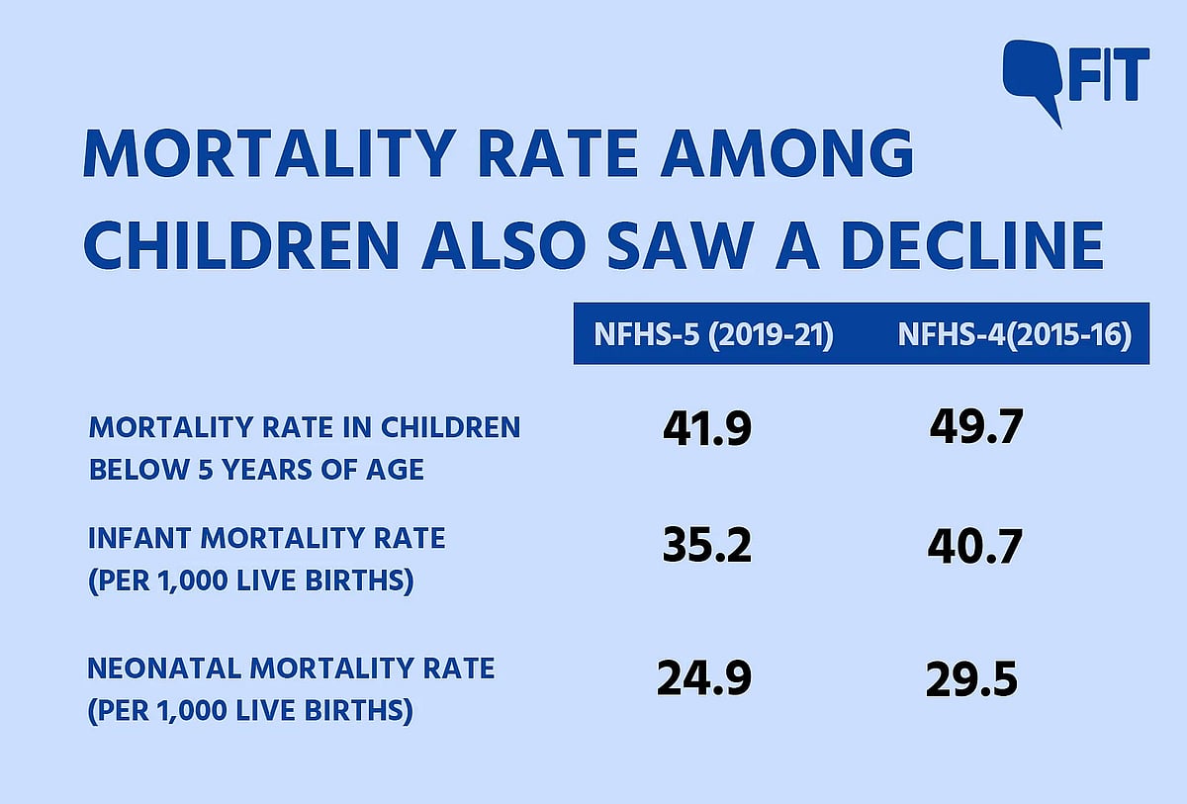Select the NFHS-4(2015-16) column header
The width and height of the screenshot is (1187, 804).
click(x=1014, y=334)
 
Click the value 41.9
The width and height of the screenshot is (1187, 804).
click(x=706, y=429)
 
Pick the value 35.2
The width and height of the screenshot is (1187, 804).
click(x=706, y=547)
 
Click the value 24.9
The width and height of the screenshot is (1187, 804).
click(x=704, y=678)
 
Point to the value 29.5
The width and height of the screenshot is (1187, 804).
click(x=971, y=680)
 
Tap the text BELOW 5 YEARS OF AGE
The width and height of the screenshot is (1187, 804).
click(x=256, y=470)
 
